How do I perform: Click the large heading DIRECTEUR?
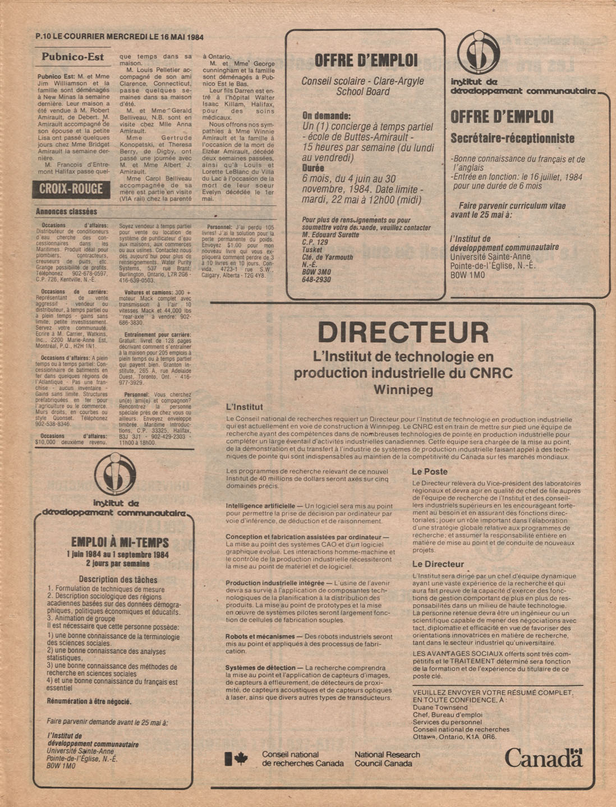click(402, 333)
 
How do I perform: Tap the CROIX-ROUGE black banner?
click(71, 189)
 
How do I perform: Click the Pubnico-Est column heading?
click(73, 57)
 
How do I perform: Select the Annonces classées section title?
click(66, 212)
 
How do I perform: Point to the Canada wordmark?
click(543, 758)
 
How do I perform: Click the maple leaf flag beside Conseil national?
click(236, 759)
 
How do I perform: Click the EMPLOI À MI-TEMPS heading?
click(119, 542)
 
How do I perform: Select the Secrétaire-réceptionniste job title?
click(512, 138)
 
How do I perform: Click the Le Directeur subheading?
click(438, 564)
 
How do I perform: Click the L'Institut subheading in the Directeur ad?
click(244, 407)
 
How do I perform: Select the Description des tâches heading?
click(118, 579)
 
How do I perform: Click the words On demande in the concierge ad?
click(326, 116)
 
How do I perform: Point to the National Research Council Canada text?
click(387, 759)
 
